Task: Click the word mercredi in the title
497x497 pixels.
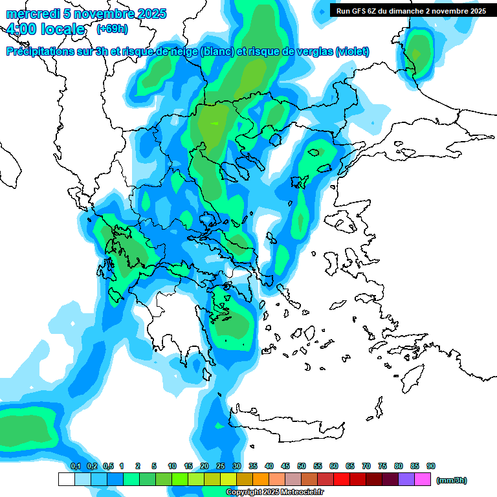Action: [31, 14]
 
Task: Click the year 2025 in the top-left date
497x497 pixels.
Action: [148, 14]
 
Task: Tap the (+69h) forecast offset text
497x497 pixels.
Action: [111, 29]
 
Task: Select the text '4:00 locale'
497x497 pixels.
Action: [45, 30]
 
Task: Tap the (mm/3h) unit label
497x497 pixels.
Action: [451, 480]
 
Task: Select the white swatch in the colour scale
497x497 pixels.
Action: [66, 479]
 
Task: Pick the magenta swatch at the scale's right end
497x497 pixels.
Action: [423, 479]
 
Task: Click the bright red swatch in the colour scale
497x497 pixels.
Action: [341, 479]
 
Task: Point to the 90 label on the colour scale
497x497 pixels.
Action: [431, 466]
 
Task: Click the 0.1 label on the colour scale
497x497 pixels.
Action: [75, 466]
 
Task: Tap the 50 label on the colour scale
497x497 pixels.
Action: [302, 466]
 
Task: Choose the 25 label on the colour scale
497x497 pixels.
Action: [221, 466]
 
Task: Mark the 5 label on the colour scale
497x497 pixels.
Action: [154, 466]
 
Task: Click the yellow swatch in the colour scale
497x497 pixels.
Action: [228, 479]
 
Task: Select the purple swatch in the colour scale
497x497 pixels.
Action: [406, 479]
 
